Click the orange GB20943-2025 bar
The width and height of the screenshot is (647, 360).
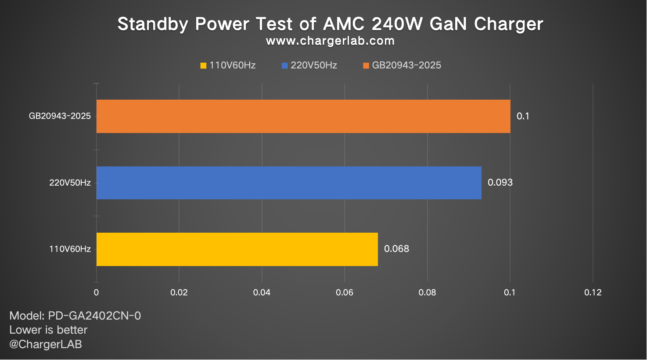(303, 116)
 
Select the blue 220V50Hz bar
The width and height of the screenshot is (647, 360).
(289, 183)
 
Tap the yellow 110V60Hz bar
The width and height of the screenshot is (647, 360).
(237, 249)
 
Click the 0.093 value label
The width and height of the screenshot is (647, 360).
(500, 183)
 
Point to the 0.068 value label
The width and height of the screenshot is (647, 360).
(396, 249)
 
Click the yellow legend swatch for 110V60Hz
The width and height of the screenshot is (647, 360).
(203, 66)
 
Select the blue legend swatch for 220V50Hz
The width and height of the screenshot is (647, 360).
(284, 66)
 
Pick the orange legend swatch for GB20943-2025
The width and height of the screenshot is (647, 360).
(366, 66)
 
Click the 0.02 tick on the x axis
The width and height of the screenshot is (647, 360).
(179, 292)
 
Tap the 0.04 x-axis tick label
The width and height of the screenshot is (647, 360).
(262, 292)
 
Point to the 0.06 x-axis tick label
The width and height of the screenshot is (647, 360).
(345, 292)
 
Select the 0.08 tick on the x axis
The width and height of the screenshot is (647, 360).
(427, 292)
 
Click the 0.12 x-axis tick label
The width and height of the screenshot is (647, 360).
(593, 292)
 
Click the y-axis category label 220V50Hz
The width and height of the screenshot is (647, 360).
(70, 183)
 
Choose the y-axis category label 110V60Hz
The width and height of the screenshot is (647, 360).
(70, 249)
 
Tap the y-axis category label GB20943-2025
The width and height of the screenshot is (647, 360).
(60, 116)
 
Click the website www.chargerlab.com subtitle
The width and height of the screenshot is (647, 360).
(330, 41)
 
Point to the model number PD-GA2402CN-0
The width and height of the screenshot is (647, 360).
(94, 316)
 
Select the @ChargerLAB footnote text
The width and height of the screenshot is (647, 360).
(46, 344)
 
